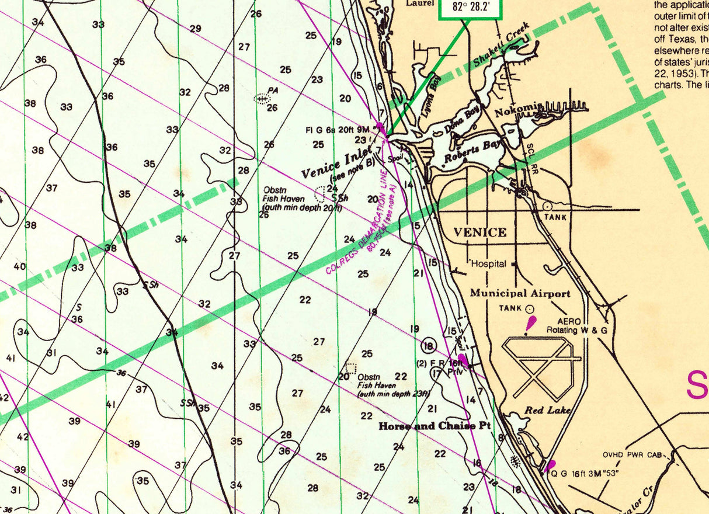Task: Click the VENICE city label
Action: [x=480, y=232]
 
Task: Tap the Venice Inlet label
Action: [x=337, y=163]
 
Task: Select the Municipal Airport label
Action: [x=520, y=293]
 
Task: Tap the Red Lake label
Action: [x=547, y=410]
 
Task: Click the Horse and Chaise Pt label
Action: [x=433, y=426]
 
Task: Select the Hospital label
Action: [x=489, y=264]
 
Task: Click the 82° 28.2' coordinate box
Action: [x=470, y=8]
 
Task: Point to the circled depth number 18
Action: [x=429, y=346]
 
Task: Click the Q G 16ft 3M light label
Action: [x=586, y=474]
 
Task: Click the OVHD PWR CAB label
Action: [x=632, y=455]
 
